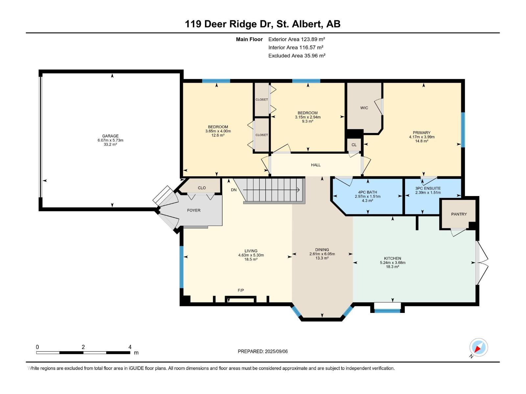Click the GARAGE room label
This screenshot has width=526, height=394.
pos(110,136)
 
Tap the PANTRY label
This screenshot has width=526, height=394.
pos(459,214)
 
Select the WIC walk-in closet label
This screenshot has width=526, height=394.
pos(364,108)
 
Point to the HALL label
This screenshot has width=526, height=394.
pos(316,165)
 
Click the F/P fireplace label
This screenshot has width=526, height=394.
pos(241,290)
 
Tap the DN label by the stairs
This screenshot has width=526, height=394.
pos(234,190)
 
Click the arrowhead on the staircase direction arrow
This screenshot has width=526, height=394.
pos(299,190)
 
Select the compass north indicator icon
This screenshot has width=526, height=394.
pos(478,348)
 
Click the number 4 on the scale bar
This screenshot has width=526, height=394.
pos(130,347)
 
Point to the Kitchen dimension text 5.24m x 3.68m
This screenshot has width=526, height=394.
pos(393,262)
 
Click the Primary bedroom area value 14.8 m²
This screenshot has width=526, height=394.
pos(421,141)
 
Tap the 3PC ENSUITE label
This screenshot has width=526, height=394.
pos(428,188)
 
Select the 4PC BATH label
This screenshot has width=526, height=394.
pos(368,192)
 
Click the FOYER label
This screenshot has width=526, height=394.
pos(194,210)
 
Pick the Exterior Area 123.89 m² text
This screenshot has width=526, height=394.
pos(297,39)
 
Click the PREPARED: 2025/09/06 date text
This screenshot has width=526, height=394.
pos(263,351)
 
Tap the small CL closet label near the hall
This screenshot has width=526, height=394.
pos(354,145)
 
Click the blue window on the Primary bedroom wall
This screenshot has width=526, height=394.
pos(463,130)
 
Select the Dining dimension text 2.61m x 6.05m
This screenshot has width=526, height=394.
pos(322,254)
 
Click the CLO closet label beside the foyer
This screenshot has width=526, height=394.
pos(202,188)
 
